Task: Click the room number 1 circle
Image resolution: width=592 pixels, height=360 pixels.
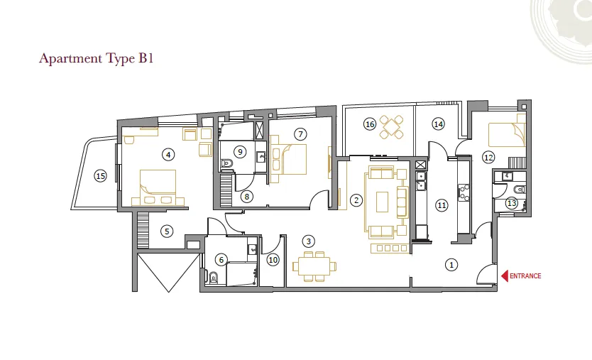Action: coord(451,265)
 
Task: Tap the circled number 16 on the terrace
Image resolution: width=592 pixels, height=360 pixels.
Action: coord(370,124)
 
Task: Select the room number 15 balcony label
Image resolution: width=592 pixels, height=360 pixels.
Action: coord(100,175)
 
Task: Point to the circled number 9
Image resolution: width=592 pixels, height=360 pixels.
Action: coord(240,152)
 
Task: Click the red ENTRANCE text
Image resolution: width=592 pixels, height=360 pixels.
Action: coord(525,276)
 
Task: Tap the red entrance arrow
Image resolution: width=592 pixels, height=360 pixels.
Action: coord(505,276)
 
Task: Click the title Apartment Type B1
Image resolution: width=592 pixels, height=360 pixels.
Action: coord(97,58)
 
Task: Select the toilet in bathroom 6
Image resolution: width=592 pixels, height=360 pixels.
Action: coord(214,278)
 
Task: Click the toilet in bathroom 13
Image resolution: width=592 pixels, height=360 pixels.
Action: coord(520,189)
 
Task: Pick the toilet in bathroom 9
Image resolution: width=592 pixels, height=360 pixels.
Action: coord(227,163)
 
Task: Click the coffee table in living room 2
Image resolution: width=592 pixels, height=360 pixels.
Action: coord(383,202)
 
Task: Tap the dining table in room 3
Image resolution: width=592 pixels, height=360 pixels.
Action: coord(314,267)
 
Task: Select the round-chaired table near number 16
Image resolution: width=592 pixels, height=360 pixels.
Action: coord(392,127)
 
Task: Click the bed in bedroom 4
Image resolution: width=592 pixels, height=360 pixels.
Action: coord(158,187)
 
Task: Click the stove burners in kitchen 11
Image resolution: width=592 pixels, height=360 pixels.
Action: coord(464,192)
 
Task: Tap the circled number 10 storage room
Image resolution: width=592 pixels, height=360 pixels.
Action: coord(273,260)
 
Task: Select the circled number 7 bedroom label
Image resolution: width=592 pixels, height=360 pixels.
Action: coord(300,134)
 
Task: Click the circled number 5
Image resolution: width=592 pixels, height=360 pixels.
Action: coord(167,231)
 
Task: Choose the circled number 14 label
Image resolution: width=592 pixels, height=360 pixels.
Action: coord(438,124)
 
